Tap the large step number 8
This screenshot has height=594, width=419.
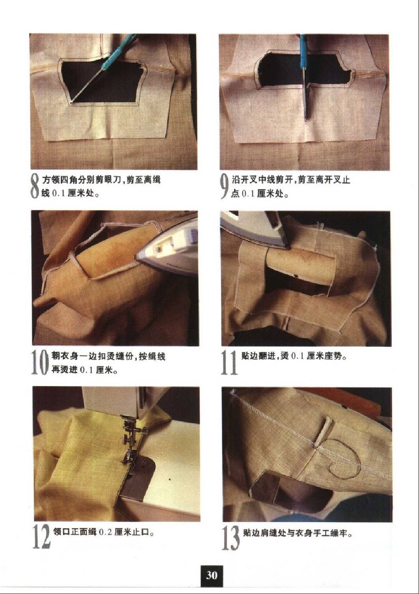[x=35, y=187]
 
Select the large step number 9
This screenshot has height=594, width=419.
[x=225, y=187]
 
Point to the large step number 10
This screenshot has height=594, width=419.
[x=41, y=363]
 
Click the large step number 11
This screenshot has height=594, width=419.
[x=229, y=363]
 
